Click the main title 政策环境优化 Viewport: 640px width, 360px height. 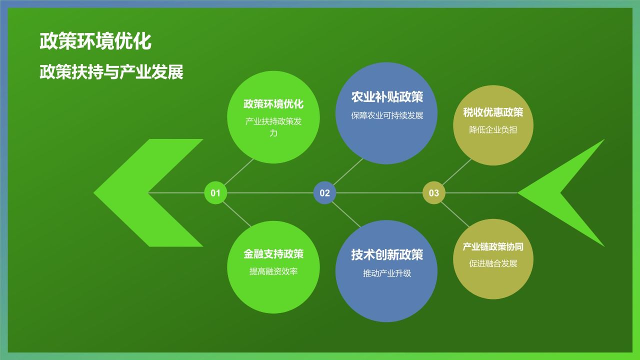(x=95, y=41)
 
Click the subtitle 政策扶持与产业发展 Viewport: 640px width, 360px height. (x=111, y=72)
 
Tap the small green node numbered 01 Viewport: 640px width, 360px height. (x=215, y=193)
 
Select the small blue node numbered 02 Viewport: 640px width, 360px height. (x=324, y=193)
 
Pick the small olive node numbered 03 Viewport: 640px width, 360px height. (x=433, y=193)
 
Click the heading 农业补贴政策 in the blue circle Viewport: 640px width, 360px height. (x=386, y=96)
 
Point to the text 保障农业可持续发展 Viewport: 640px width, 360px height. (x=386, y=115)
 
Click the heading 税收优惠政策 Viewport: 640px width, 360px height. (x=493, y=112)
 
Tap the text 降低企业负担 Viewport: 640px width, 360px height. (x=493, y=130)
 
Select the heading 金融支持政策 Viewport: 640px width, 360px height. (x=273, y=254)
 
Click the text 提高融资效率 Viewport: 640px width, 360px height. (x=273, y=271)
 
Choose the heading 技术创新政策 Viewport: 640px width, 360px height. (x=386, y=255)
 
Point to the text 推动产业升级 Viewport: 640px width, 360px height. (x=386, y=273)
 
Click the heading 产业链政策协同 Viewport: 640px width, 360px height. (x=493, y=247)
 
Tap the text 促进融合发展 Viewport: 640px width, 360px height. (x=493, y=263)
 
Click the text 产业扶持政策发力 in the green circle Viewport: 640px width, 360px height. (x=273, y=127)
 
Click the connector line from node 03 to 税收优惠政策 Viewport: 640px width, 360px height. (x=456, y=172)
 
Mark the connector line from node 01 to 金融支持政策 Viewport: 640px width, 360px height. (x=236, y=214)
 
